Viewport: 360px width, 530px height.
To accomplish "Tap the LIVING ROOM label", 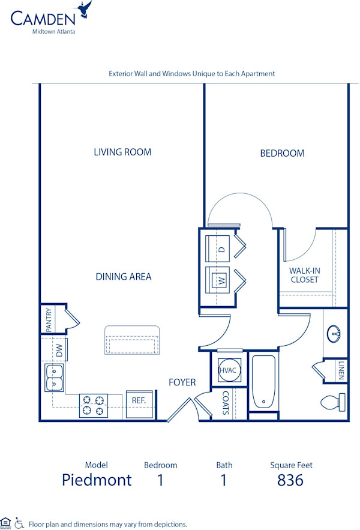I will (122, 152).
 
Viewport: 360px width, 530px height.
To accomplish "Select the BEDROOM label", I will (282, 153).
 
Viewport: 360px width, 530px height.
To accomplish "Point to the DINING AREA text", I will (124, 277).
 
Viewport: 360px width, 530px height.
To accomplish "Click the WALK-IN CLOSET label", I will (305, 275).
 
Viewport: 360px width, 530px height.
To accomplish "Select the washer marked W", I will (220, 280).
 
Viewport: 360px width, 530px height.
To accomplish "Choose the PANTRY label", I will (49, 319).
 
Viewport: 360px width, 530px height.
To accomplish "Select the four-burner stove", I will (94, 405).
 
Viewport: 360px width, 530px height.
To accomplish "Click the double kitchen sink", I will (54, 378).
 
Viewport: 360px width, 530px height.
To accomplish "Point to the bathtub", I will (263, 382).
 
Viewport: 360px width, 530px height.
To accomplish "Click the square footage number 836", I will (290, 480).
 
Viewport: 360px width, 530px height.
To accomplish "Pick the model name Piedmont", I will (97, 480).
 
